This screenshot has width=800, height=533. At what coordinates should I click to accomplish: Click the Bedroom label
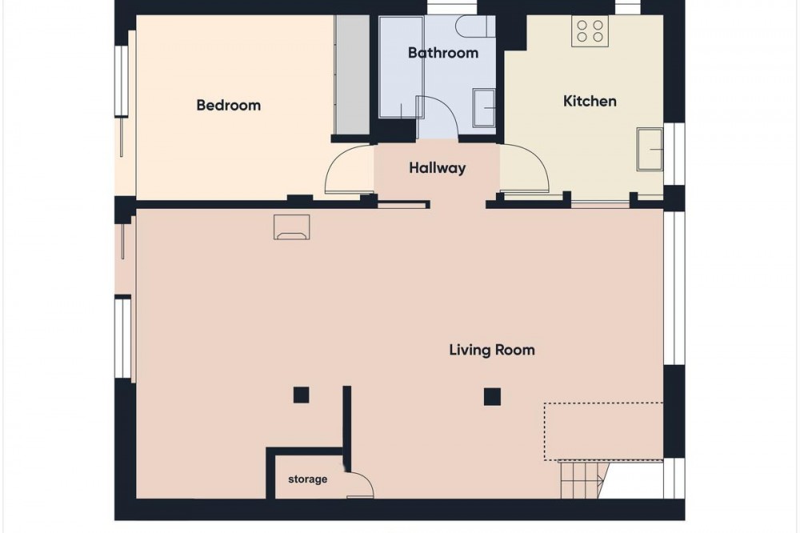[x=229, y=105]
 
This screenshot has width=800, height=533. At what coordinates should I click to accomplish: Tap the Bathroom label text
[x=443, y=53]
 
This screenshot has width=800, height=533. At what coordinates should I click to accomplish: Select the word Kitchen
[x=590, y=101]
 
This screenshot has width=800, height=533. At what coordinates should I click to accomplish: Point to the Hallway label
[x=438, y=168]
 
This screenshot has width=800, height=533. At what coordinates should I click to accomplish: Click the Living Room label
[x=492, y=350]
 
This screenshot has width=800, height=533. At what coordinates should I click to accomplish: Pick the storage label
[x=308, y=479]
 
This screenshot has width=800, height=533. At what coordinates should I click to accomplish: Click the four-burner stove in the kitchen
[x=590, y=30]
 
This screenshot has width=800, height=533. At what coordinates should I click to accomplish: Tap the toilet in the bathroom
[x=475, y=26]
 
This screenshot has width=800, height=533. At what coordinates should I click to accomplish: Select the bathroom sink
[x=484, y=108]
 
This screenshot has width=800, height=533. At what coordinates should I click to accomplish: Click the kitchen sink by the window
[x=650, y=149]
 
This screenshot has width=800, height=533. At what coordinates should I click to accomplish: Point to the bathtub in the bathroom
[x=401, y=66]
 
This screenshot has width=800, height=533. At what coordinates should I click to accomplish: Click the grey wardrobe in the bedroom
[x=351, y=74]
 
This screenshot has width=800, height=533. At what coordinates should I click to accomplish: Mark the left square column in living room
[x=301, y=395]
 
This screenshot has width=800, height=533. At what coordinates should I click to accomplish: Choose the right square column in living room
[x=492, y=396]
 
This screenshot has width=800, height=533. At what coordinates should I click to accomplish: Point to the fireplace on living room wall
[x=292, y=227]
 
